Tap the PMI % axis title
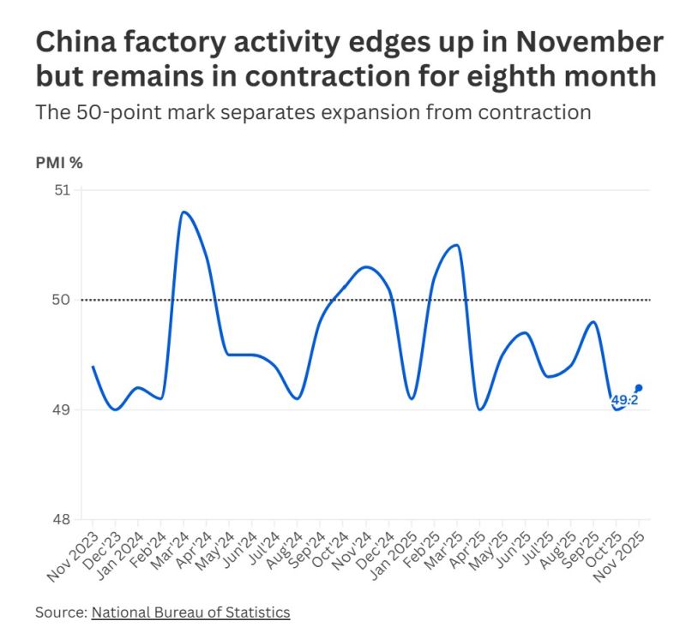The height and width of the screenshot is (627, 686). [x=59, y=162]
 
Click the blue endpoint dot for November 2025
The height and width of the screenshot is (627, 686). [x=639, y=388]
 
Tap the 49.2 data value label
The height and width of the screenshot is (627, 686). [x=624, y=400]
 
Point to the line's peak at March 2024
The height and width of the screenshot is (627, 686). [x=184, y=212]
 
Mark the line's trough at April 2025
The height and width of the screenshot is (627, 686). [x=479, y=409]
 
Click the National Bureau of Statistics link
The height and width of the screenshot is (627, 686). [x=190, y=612]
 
